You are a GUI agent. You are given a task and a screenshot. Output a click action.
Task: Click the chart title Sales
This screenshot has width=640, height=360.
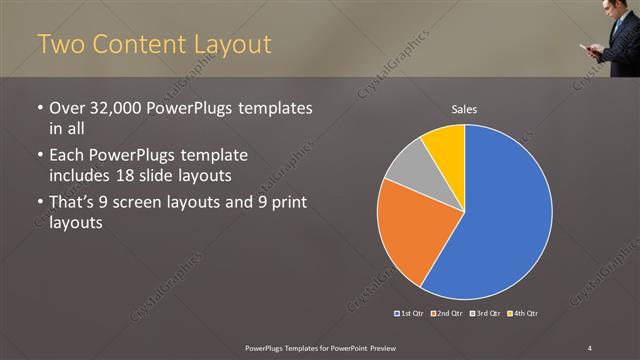[464, 108]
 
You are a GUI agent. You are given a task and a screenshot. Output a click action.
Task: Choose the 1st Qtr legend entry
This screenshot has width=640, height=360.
[409, 313]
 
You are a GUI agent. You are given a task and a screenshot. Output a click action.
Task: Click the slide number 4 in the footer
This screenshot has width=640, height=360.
[590, 347]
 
